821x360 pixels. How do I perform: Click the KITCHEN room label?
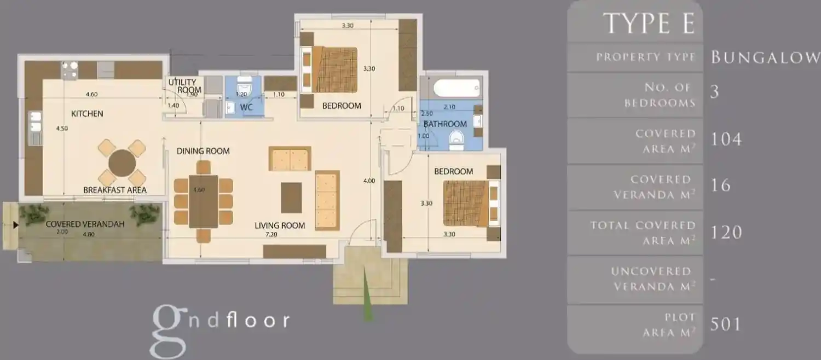(x=87, y=114)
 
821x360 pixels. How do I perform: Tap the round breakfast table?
(x=122, y=163)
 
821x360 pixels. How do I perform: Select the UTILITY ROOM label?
(x=185, y=86)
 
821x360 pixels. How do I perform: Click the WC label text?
(x=246, y=107)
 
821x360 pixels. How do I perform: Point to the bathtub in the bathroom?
(x=456, y=88)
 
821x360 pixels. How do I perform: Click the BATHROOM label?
(x=445, y=124)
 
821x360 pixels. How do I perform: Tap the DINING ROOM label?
(x=203, y=151)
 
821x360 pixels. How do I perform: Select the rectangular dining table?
(x=204, y=201)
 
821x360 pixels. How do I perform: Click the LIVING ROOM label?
(x=280, y=225)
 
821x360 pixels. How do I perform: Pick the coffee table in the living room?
(x=291, y=198)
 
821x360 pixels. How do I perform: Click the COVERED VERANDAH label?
(x=85, y=224)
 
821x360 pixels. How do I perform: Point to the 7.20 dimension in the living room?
(x=271, y=234)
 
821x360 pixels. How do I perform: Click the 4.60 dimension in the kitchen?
(x=91, y=94)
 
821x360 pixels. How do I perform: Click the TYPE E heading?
(x=649, y=24)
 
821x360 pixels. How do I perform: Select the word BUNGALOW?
(x=765, y=57)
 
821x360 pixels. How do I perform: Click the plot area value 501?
(x=725, y=324)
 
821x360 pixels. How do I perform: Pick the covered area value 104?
(x=726, y=139)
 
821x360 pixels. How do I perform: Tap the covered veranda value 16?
(x=721, y=185)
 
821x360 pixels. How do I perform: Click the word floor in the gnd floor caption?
(x=258, y=321)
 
